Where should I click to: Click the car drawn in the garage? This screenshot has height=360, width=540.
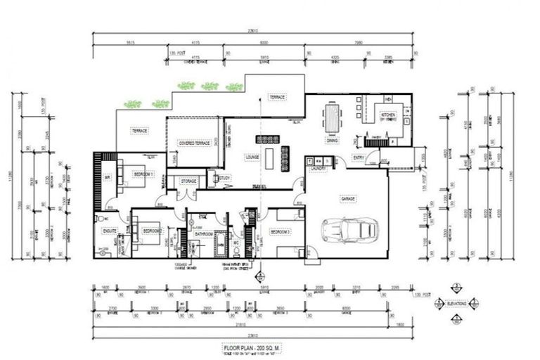pyautogui.click(x=349, y=229)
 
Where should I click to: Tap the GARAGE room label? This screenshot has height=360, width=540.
pyautogui.click(x=347, y=199)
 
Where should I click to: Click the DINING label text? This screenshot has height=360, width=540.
pyautogui.click(x=332, y=141)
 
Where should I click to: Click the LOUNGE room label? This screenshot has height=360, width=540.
pyautogui.click(x=252, y=157)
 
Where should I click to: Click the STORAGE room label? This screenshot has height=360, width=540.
pyautogui.click(x=188, y=181)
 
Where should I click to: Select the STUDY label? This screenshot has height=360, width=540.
pyautogui.click(x=225, y=179)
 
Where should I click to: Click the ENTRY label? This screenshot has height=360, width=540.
pyautogui.click(x=358, y=157)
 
